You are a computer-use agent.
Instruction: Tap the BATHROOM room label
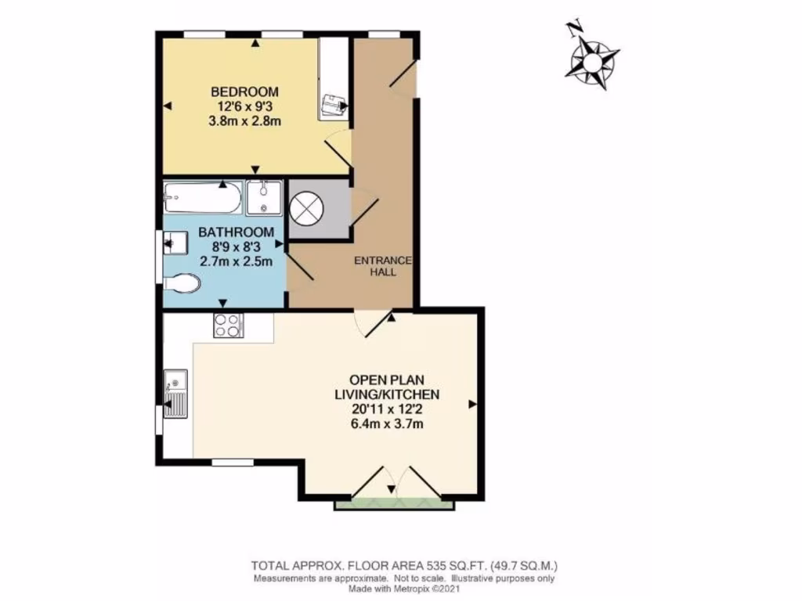pos(236,232)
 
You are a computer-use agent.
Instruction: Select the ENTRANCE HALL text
pos(383,266)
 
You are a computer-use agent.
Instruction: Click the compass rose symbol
pos(593,60)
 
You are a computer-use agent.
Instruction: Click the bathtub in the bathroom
pos(201,197)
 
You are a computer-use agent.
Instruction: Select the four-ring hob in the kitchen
pos(228,325)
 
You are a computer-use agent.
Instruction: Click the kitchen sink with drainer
pos(175,394)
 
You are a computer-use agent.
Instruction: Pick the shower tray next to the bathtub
pos(265,197)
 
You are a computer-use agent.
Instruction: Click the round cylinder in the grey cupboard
pos(306,207)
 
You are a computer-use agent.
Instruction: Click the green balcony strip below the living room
pos(394,505)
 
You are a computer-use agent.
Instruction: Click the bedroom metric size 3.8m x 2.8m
pos(244,121)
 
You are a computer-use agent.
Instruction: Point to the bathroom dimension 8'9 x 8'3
pos(236,247)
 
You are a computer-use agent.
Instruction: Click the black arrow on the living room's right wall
pos(471,404)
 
